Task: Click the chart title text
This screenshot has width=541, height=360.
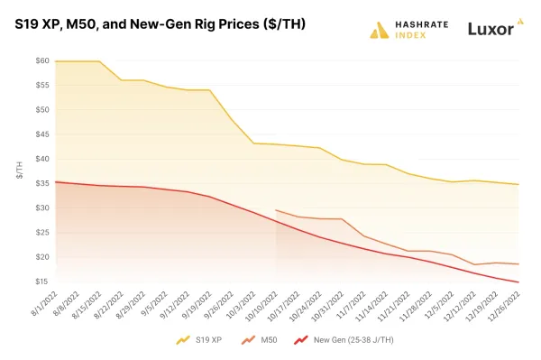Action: (160, 24)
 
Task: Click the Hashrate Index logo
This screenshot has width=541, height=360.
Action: (407, 29)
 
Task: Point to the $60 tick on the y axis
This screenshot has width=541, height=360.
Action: (41, 60)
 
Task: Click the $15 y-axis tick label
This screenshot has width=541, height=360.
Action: (41, 282)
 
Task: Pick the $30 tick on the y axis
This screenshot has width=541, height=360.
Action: (41, 208)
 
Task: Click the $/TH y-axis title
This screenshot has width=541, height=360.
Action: (20, 171)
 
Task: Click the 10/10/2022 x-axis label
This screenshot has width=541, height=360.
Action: (262, 306)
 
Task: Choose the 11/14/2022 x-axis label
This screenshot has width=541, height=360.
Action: (373, 306)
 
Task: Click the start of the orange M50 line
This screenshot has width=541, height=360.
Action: (276, 210)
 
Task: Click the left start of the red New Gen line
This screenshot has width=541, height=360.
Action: (55, 181)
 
